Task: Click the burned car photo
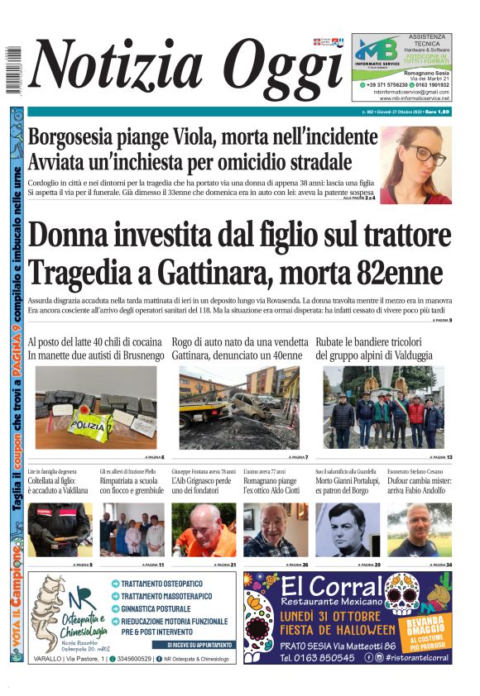(239, 408)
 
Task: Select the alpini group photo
(383, 408)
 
